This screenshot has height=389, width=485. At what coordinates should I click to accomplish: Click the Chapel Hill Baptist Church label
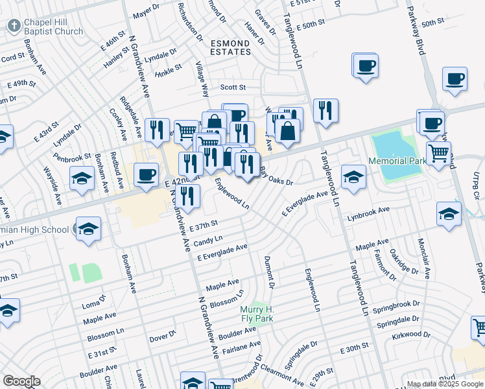[x=54, y=27]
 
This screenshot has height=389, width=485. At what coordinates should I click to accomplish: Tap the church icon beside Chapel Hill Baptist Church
[x=14, y=26]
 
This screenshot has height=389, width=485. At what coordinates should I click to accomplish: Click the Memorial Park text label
[x=396, y=161]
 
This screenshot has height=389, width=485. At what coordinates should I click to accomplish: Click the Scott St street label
[x=233, y=87]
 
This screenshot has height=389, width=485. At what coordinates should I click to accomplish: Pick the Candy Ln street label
[x=208, y=241]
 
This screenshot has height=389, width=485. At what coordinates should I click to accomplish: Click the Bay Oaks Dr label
[x=277, y=176]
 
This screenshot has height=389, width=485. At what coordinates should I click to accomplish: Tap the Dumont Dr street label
[x=268, y=272]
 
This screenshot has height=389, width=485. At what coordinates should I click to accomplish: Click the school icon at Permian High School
[x=88, y=229]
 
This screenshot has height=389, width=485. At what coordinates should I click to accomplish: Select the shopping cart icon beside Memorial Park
[x=439, y=154]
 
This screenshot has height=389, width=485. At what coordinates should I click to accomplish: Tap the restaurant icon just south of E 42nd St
[x=188, y=196]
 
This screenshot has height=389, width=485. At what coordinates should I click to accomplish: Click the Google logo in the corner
[x=21, y=381]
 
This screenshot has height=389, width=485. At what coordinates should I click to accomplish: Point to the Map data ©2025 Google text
[x=444, y=384]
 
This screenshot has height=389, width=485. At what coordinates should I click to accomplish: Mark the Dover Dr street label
[x=163, y=336]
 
